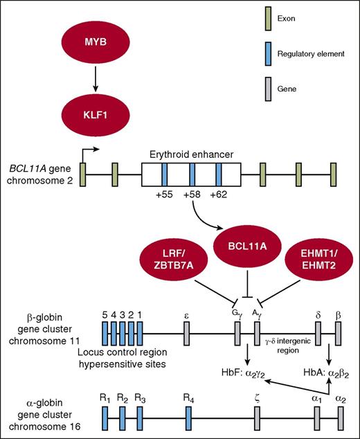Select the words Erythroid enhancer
(191, 155)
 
